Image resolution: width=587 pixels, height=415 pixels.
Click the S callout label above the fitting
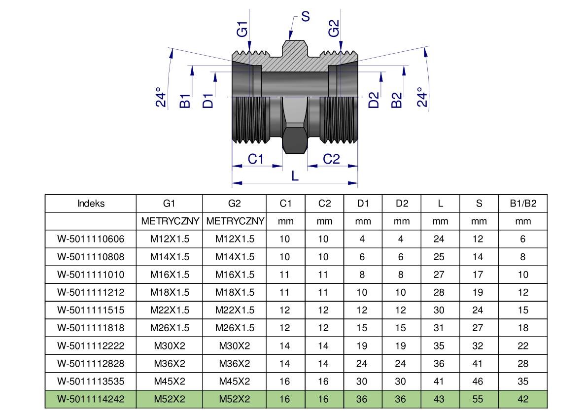[x=305, y=17]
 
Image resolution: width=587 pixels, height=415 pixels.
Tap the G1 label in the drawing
[x=242, y=29]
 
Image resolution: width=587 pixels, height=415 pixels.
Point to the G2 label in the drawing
[x=334, y=28]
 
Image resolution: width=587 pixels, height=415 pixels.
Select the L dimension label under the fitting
[x=295, y=176]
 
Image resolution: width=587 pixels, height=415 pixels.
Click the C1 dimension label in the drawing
[x=256, y=159]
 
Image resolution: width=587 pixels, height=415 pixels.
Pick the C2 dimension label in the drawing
[x=331, y=159]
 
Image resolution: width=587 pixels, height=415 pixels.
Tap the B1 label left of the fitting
[x=185, y=101]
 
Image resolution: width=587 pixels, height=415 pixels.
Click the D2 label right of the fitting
[x=374, y=100]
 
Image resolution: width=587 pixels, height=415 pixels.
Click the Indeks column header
[x=91, y=204]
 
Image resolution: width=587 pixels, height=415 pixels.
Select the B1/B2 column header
[x=522, y=204]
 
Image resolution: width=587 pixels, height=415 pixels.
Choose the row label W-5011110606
[x=91, y=240]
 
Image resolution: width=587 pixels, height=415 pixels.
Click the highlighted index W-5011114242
[x=91, y=399]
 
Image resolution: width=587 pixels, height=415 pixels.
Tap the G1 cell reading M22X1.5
[x=170, y=311]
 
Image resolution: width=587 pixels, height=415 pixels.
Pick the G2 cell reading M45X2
[x=235, y=381]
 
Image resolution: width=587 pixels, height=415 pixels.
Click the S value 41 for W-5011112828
[x=478, y=364]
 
